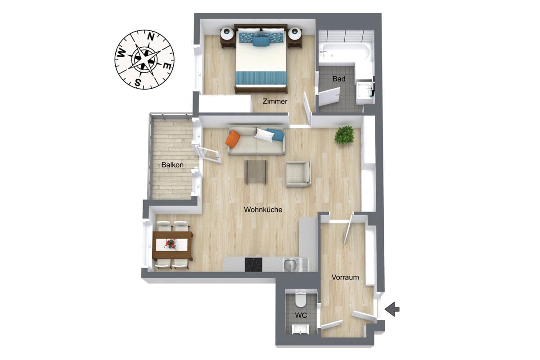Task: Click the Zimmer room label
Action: (275, 101)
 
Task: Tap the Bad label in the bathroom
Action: (339, 79)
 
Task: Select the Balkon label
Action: (172, 165)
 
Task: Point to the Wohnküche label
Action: (263, 210)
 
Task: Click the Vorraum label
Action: (345, 277)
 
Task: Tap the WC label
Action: (301, 315)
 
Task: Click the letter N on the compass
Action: (151, 37)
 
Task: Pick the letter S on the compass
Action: (138, 82)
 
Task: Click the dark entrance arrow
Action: (392, 309)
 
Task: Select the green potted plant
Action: (344, 135)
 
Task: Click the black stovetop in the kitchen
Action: (253, 265)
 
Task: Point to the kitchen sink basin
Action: (290, 265)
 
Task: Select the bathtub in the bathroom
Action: (345, 53)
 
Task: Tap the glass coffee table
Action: (256, 172)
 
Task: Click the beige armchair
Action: (298, 174)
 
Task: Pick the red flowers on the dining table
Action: (171, 244)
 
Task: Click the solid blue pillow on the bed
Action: (261, 41)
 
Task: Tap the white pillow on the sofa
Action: (265, 135)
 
